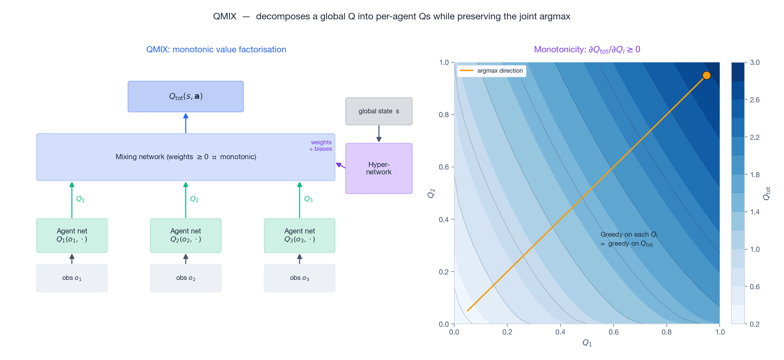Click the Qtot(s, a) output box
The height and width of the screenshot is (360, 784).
click(186, 97)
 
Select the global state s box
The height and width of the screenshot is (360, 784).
click(378, 111)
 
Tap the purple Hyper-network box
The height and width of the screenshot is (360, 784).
click(378, 169)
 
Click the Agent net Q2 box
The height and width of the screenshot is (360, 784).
click(186, 235)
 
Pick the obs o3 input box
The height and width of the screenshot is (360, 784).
click(299, 278)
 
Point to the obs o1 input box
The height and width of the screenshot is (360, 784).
click(72, 278)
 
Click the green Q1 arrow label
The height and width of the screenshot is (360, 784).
click(80, 199)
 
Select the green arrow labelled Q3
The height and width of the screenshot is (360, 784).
click(299, 200)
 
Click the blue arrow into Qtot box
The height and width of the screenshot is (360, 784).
click(186, 123)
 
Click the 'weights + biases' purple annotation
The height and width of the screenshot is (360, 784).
click(321, 146)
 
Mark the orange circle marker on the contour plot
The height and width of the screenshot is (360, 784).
click(707, 76)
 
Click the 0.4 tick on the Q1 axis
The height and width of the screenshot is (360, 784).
click(560, 332)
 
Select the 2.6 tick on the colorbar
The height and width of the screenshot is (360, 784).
click(755, 100)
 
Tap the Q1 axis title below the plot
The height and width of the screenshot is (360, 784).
click(587, 343)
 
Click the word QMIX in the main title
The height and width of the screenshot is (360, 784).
click(224, 16)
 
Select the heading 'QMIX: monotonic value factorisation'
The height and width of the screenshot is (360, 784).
click(216, 49)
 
